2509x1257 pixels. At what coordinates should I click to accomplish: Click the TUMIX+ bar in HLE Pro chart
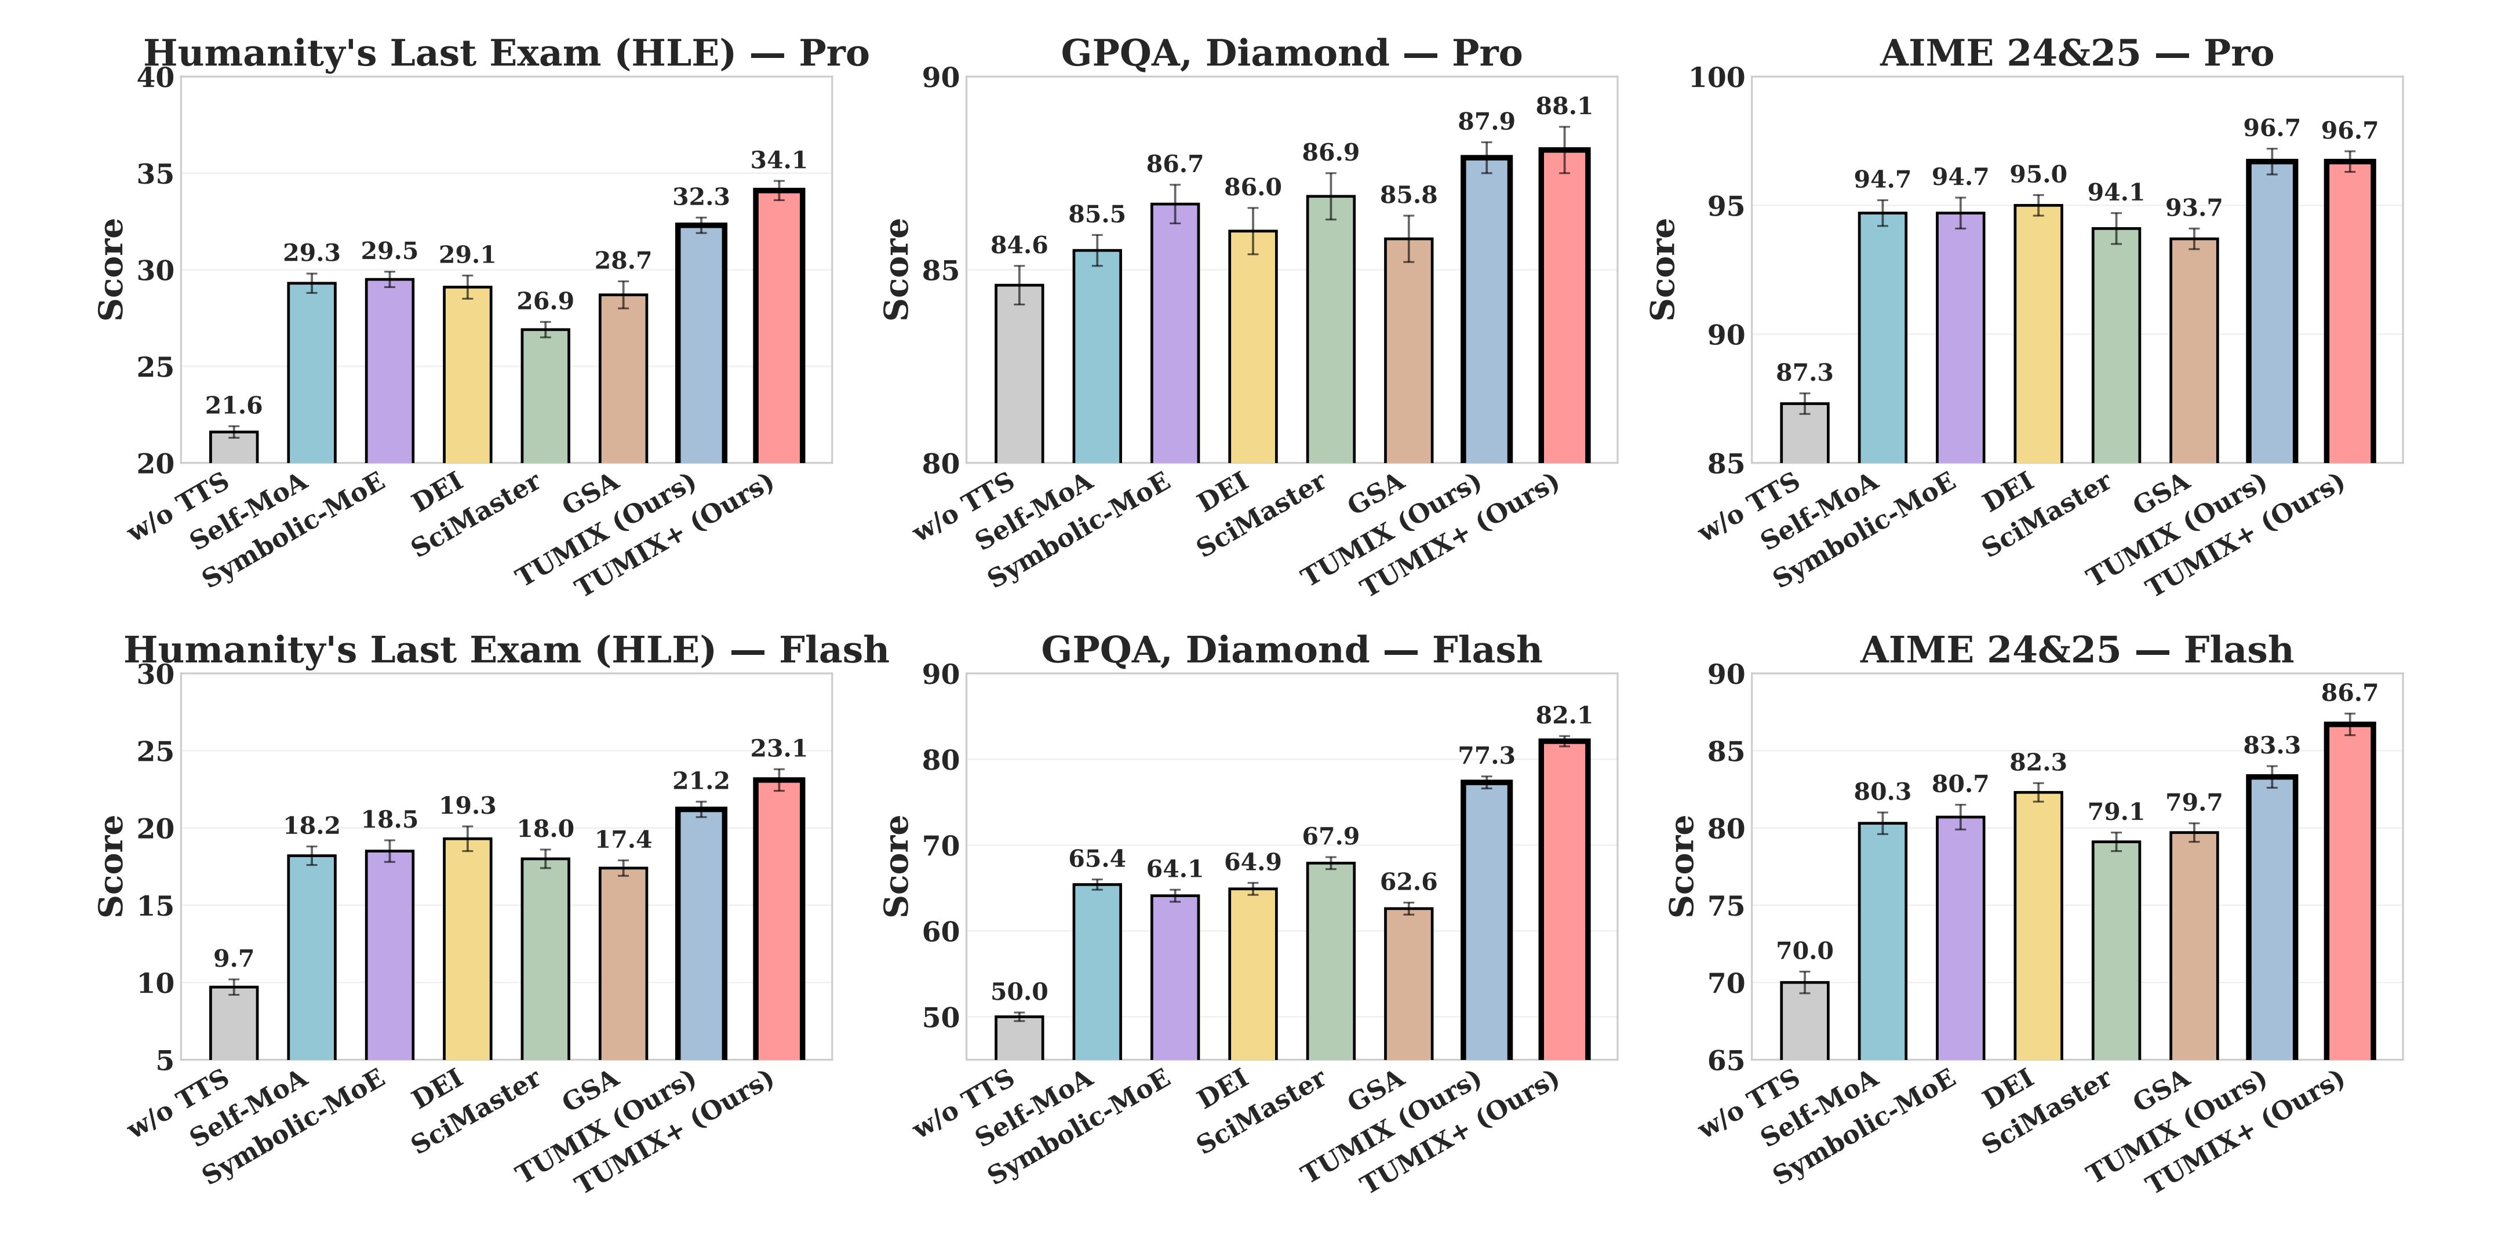778,326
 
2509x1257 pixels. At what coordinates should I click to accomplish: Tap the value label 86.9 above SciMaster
1331,153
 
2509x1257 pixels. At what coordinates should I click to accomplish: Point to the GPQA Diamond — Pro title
1291,53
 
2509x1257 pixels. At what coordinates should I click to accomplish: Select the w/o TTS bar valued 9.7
234,1022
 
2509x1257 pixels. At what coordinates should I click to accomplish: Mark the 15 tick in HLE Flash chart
156,905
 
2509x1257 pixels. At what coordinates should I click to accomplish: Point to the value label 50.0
1019,992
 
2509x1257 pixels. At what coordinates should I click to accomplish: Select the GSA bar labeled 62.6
1408,983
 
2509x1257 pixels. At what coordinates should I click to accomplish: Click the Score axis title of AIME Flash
1682,866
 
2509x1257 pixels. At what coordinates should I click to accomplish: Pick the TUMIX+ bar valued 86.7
2349,891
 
